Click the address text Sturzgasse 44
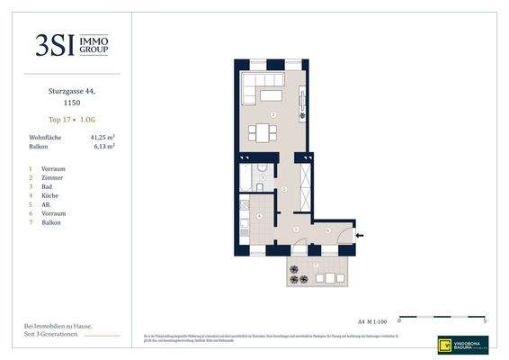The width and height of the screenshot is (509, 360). point(72,92)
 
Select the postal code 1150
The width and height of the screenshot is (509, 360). point(72,103)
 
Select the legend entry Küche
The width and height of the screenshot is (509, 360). point(51,195)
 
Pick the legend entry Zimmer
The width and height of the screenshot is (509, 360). point(53,178)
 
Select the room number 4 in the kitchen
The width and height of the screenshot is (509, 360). point(259,216)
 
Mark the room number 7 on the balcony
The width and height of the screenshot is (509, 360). point(316,265)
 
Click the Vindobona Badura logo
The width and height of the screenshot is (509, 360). point(463,343)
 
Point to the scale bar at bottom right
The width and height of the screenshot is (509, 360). point(442,318)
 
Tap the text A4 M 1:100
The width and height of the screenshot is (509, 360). point(371,319)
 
